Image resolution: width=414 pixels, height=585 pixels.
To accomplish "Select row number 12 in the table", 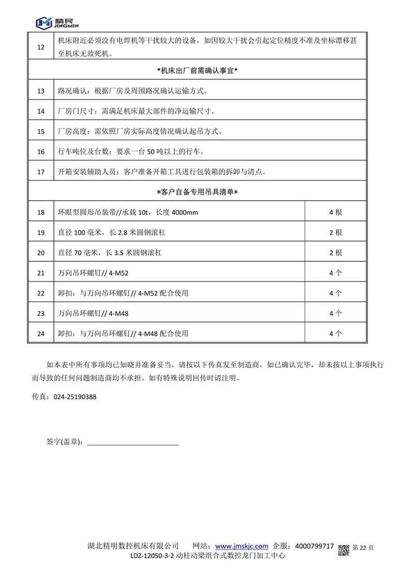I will pyautogui.click(x=41, y=48).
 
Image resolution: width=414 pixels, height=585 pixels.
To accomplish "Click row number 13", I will pyautogui.click(x=41, y=91).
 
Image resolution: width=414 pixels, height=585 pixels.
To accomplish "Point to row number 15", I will pyautogui.click(x=41, y=131).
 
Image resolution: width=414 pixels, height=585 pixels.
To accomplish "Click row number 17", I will pyautogui.click(x=41, y=172).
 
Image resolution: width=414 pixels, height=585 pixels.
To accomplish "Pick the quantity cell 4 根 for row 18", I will pyautogui.click(x=335, y=213).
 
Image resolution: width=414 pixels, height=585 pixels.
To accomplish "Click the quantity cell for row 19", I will pyautogui.click(x=335, y=233).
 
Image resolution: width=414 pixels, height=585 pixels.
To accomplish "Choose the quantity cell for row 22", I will pyautogui.click(x=335, y=293).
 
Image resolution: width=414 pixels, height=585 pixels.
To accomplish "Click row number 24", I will pyautogui.click(x=41, y=334).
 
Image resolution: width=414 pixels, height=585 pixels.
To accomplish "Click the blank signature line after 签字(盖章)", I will pyautogui.click(x=132, y=443).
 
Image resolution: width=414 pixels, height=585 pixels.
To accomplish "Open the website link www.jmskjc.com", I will pyautogui.click(x=241, y=546).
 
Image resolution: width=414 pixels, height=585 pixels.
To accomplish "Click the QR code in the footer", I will pyautogui.click(x=344, y=550).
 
